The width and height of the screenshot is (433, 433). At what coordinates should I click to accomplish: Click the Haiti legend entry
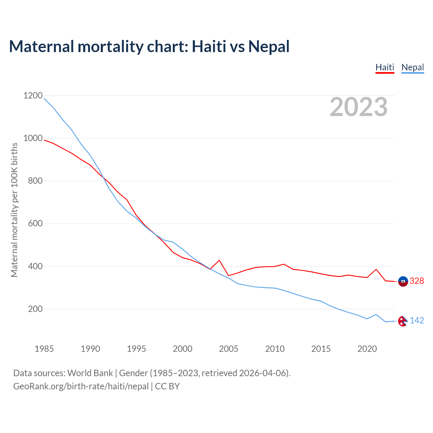tap(385, 67)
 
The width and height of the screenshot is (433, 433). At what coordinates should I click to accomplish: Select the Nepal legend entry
tap(412, 67)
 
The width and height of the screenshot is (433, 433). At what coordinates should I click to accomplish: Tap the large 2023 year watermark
tap(359, 107)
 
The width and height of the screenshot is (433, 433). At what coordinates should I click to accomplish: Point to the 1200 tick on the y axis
tap(33, 96)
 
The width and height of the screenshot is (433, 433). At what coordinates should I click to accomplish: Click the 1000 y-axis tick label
tap(33, 138)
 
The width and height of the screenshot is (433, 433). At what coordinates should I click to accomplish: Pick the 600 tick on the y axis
tap(35, 224)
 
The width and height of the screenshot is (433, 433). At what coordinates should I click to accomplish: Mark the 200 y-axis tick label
tap(35, 309)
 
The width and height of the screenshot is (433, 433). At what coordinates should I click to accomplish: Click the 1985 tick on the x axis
tap(44, 349)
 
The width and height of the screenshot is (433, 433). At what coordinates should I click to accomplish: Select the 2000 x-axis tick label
tap(183, 349)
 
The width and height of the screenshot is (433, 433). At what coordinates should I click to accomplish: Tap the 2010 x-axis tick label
tap(275, 349)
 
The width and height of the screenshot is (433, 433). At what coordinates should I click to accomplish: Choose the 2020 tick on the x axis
tap(367, 349)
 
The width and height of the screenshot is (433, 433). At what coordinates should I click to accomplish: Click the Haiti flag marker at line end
tap(403, 281)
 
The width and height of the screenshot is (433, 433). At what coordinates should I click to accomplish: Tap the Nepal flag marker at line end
tap(403, 321)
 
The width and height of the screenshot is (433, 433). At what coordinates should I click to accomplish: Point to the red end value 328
tap(417, 281)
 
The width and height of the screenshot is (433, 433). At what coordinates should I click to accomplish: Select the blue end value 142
tap(417, 321)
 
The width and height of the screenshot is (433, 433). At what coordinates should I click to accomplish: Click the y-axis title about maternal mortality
tap(14, 210)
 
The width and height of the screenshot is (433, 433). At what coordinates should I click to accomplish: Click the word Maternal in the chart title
tap(42, 46)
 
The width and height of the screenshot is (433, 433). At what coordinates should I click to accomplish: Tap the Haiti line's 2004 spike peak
tap(219, 260)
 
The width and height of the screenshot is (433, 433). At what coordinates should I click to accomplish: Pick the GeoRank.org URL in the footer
tap(81, 386)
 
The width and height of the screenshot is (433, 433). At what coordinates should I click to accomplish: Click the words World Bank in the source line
tap(90, 373)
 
